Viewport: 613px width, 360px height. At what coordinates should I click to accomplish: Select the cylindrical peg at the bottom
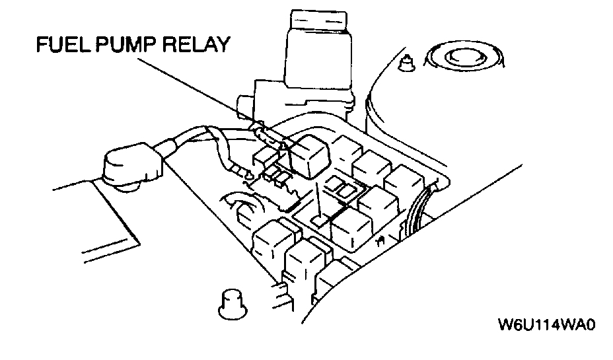(x=229, y=303)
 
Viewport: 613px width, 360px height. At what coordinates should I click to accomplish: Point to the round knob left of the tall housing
(x=243, y=104)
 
